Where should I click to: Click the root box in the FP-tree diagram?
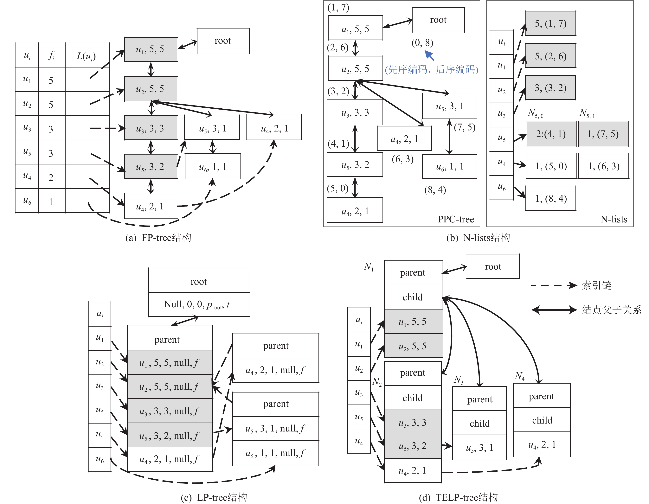click(223, 41)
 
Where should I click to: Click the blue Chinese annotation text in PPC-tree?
click(431, 70)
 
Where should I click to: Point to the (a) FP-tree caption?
click(158, 238)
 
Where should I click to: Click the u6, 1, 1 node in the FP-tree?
click(212, 166)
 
